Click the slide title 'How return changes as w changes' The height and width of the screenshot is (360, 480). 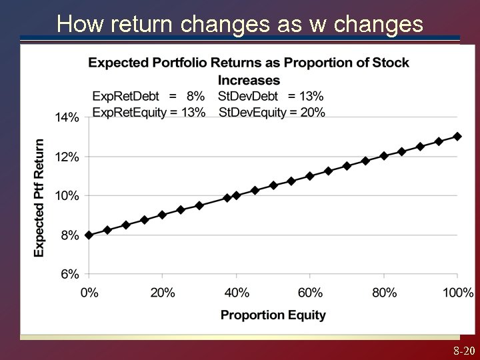pyautogui.click(x=240, y=24)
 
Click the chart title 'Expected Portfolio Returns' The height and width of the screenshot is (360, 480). pyautogui.click(x=249, y=63)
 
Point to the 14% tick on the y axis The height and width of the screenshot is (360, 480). pyautogui.click(x=67, y=117)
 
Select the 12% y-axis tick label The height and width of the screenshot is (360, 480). pyautogui.click(x=67, y=157)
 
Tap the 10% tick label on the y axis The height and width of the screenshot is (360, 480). pyautogui.click(x=67, y=196)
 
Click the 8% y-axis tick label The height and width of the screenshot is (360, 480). pyautogui.click(x=69, y=235)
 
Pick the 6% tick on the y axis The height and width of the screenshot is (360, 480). pyautogui.click(x=69, y=274)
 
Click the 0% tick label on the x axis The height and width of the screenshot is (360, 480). pyautogui.click(x=89, y=292)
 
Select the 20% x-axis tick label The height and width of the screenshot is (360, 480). pyautogui.click(x=163, y=292)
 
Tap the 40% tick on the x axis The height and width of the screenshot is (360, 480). pyautogui.click(x=237, y=292)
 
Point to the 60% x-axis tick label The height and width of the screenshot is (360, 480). pyautogui.click(x=310, y=292)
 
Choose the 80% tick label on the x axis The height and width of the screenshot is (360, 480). pyautogui.click(x=384, y=292)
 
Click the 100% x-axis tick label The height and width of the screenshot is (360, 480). pyautogui.click(x=457, y=292)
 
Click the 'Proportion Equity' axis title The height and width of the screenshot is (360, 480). pyautogui.click(x=273, y=315)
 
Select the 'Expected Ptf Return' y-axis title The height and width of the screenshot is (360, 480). pyautogui.click(x=39, y=197)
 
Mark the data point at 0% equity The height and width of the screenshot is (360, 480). pyautogui.click(x=89, y=235)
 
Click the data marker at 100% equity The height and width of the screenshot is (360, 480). pyautogui.click(x=457, y=136)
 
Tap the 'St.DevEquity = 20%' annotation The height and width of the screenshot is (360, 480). pyautogui.click(x=272, y=112)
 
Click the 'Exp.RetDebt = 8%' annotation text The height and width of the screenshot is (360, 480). pyautogui.click(x=149, y=96)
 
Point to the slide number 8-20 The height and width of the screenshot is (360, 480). pyautogui.click(x=464, y=351)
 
